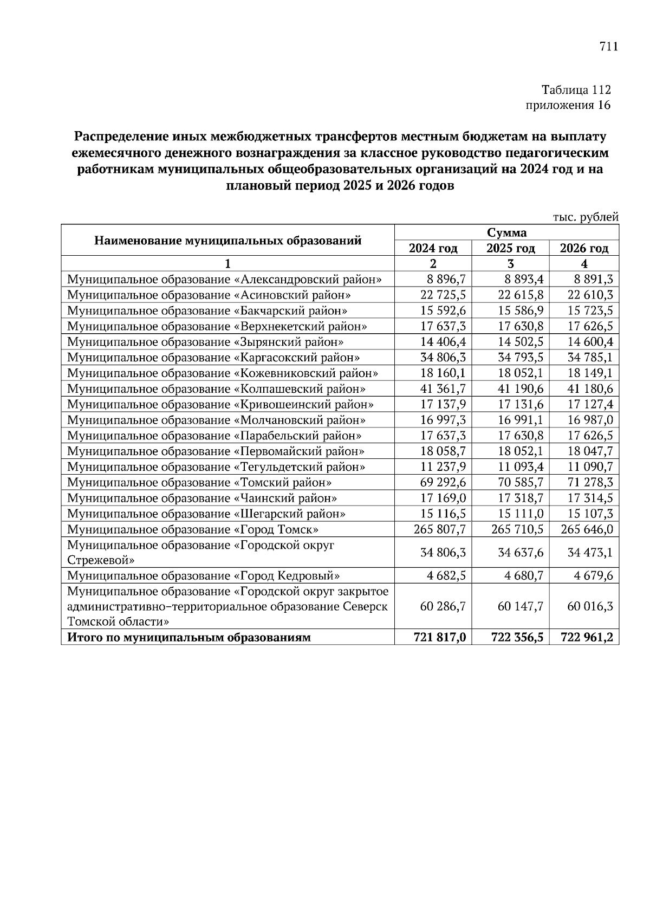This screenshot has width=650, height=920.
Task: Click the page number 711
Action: tap(608, 47)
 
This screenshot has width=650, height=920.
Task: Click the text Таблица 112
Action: tap(576, 89)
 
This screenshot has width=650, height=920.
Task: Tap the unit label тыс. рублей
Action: tap(585, 217)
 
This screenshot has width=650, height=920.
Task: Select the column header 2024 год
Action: tap(433, 249)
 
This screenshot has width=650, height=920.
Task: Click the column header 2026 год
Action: tap(583, 249)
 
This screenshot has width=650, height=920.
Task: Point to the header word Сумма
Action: tap(506, 233)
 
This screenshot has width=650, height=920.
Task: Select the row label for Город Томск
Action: tap(193, 529)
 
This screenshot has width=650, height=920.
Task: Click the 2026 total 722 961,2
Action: tap(587, 637)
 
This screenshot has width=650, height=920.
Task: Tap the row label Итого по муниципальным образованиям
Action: tap(189, 637)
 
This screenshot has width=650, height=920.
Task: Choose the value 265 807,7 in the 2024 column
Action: tap(439, 529)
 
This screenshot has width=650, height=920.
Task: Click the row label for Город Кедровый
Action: tap(204, 576)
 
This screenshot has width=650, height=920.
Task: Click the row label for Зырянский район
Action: tap(205, 342)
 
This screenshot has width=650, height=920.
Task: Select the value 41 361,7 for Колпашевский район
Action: tap(443, 389)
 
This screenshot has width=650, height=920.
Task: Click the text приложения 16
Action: tap(568, 105)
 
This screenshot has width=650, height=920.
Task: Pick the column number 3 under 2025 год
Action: tap(510, 264)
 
